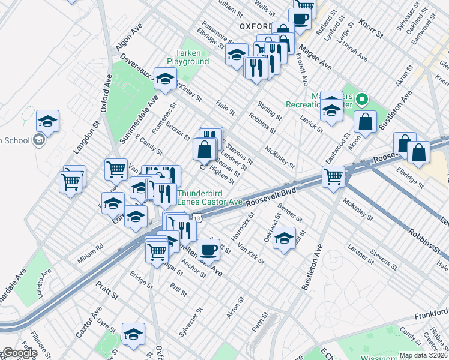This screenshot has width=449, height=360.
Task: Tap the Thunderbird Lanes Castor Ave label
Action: click(209, 197)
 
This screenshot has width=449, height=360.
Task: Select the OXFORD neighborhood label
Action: click(259, 26)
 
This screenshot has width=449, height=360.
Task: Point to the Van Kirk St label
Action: click(251, 251)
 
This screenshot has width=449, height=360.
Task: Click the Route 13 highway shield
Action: click(205, 221)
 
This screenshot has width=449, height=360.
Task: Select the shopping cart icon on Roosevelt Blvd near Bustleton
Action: click(333, 176)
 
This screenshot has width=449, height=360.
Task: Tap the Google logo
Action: click(19, 353)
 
